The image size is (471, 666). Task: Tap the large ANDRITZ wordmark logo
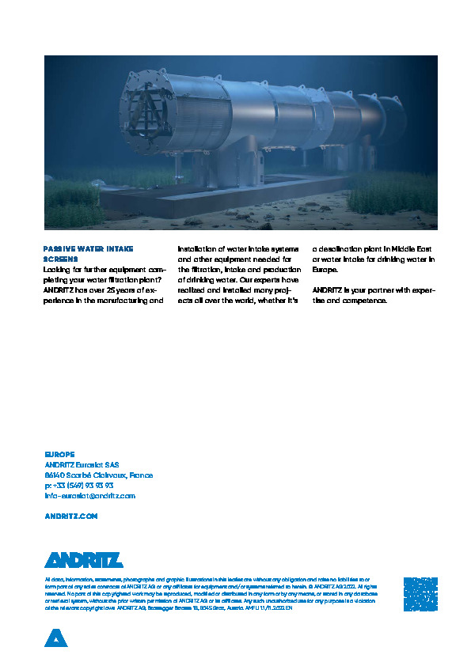[83, 560]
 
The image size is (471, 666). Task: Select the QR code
[420, 593]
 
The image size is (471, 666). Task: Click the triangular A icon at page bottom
[55, 638]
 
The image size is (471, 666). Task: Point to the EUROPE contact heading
[59, 455]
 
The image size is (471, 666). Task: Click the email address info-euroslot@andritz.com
[89, 496]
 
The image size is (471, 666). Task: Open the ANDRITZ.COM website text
[71, 516]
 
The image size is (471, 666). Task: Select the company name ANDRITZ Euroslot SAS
[82, 465]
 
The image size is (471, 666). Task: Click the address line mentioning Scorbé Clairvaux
[99, 475]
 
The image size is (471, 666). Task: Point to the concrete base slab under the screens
[222, 198]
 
